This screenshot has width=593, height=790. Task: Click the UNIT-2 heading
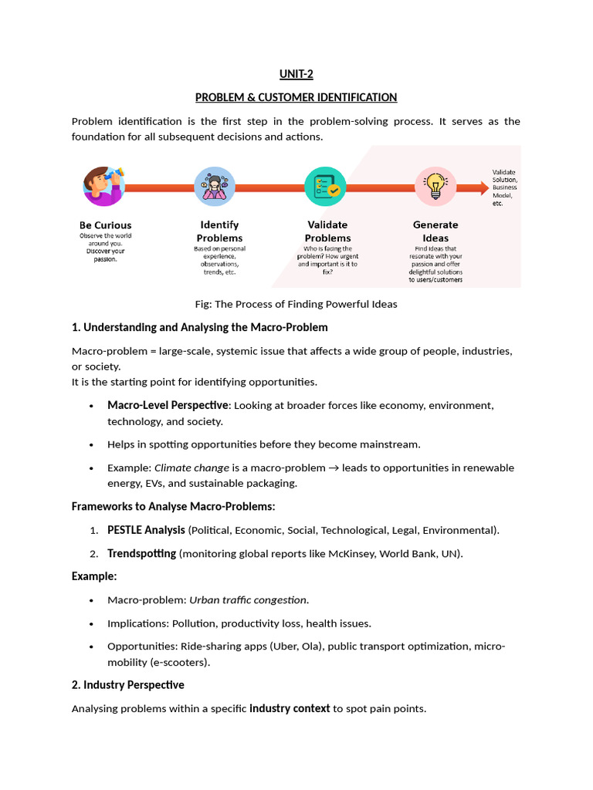click(296, 75)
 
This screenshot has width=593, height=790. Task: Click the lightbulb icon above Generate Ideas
click(435, 186)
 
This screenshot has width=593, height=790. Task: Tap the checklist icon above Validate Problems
click(326, 186)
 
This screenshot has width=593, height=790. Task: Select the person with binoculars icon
click(104, 186)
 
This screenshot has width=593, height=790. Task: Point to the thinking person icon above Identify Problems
click(215, 186)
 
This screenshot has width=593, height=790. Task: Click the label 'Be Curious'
click(105, 225)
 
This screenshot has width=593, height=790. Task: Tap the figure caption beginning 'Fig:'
click(296, 304)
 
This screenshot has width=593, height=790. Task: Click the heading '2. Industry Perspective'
click(128, 685)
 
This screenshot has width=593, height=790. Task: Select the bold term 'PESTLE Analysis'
click(146, 530)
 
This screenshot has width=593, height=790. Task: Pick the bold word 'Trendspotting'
click(141, 554)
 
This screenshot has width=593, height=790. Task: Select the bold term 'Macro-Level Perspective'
click(168, 405)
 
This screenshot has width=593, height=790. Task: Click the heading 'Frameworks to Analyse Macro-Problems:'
click(174, 507)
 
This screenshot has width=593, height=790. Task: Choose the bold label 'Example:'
click(94, 576)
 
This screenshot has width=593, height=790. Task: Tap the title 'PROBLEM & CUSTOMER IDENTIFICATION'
click(296, 97)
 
